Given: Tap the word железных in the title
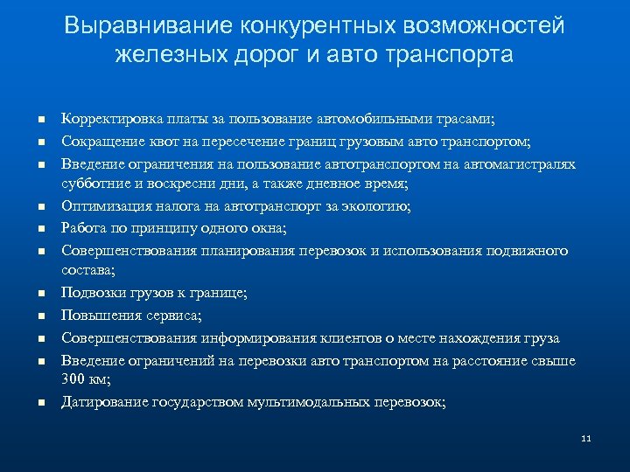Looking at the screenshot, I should (x=163, y=55).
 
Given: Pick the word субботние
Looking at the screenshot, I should (x=93, y=184).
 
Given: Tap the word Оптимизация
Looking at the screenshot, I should (x=102, y=206).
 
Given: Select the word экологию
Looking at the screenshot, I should (x=378, y=206).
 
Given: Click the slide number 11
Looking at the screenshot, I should (x=586, y=438).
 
